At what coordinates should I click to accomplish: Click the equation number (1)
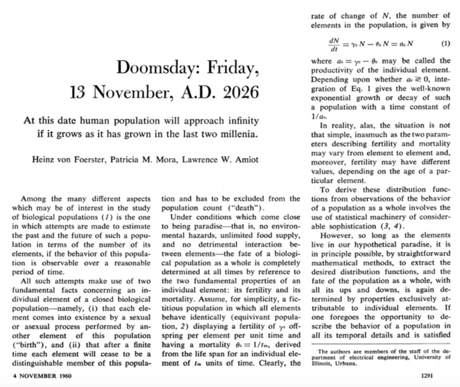coord(445,44)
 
